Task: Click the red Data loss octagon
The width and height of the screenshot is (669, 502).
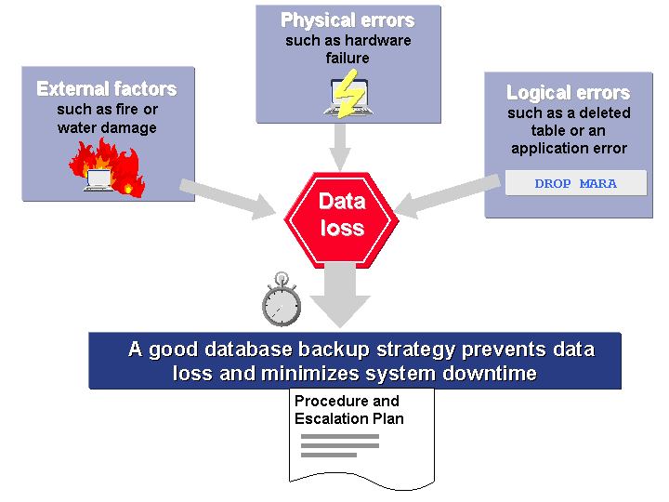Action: coord(341,216)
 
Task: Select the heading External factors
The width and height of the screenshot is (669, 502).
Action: coord(107,89)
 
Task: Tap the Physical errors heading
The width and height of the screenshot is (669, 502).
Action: coord(348,20)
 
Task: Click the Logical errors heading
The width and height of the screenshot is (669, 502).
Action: coord(568,93)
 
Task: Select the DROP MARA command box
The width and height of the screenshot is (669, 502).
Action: coord(575,183)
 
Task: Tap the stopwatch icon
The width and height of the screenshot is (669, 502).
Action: coord(281,301)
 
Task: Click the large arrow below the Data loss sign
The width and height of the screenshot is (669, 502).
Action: coord(340,294)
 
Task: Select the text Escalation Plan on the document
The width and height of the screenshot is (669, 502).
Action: coord(349,418)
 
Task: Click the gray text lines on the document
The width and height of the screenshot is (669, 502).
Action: coord(340,445)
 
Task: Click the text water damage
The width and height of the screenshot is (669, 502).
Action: coord(107,127)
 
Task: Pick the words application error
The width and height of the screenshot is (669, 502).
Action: coord(569,148)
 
